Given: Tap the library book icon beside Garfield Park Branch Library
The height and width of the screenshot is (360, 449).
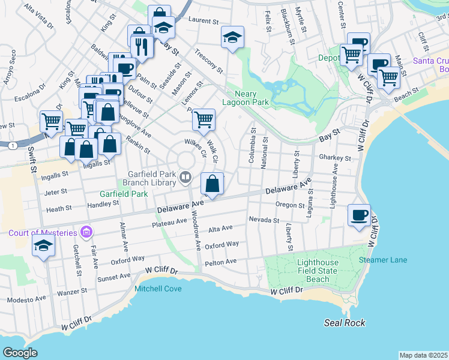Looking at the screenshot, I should click(x=185, y=176).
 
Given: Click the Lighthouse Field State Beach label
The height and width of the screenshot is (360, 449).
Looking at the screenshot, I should click(x=318, y=271).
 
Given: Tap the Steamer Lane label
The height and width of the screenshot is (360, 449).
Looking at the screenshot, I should click(x=382, y=260).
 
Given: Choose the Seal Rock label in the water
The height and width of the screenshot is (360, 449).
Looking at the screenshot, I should click(x=345, y=323).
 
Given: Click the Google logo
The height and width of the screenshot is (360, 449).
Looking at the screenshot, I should click(x=20, y=352).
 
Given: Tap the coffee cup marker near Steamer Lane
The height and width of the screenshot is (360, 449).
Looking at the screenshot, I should click(x=360, y=215).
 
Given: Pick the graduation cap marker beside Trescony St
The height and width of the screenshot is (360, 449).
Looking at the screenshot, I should click(x=232, y=37).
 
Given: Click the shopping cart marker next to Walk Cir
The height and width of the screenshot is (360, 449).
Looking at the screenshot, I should click(x=203, y=119).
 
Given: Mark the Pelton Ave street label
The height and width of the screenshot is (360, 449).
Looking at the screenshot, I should click(x=221, y=262).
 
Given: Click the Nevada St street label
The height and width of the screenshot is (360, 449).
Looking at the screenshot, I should click(x=265, y=220).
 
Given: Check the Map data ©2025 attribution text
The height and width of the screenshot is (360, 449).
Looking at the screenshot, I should click(x=423, y=355).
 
